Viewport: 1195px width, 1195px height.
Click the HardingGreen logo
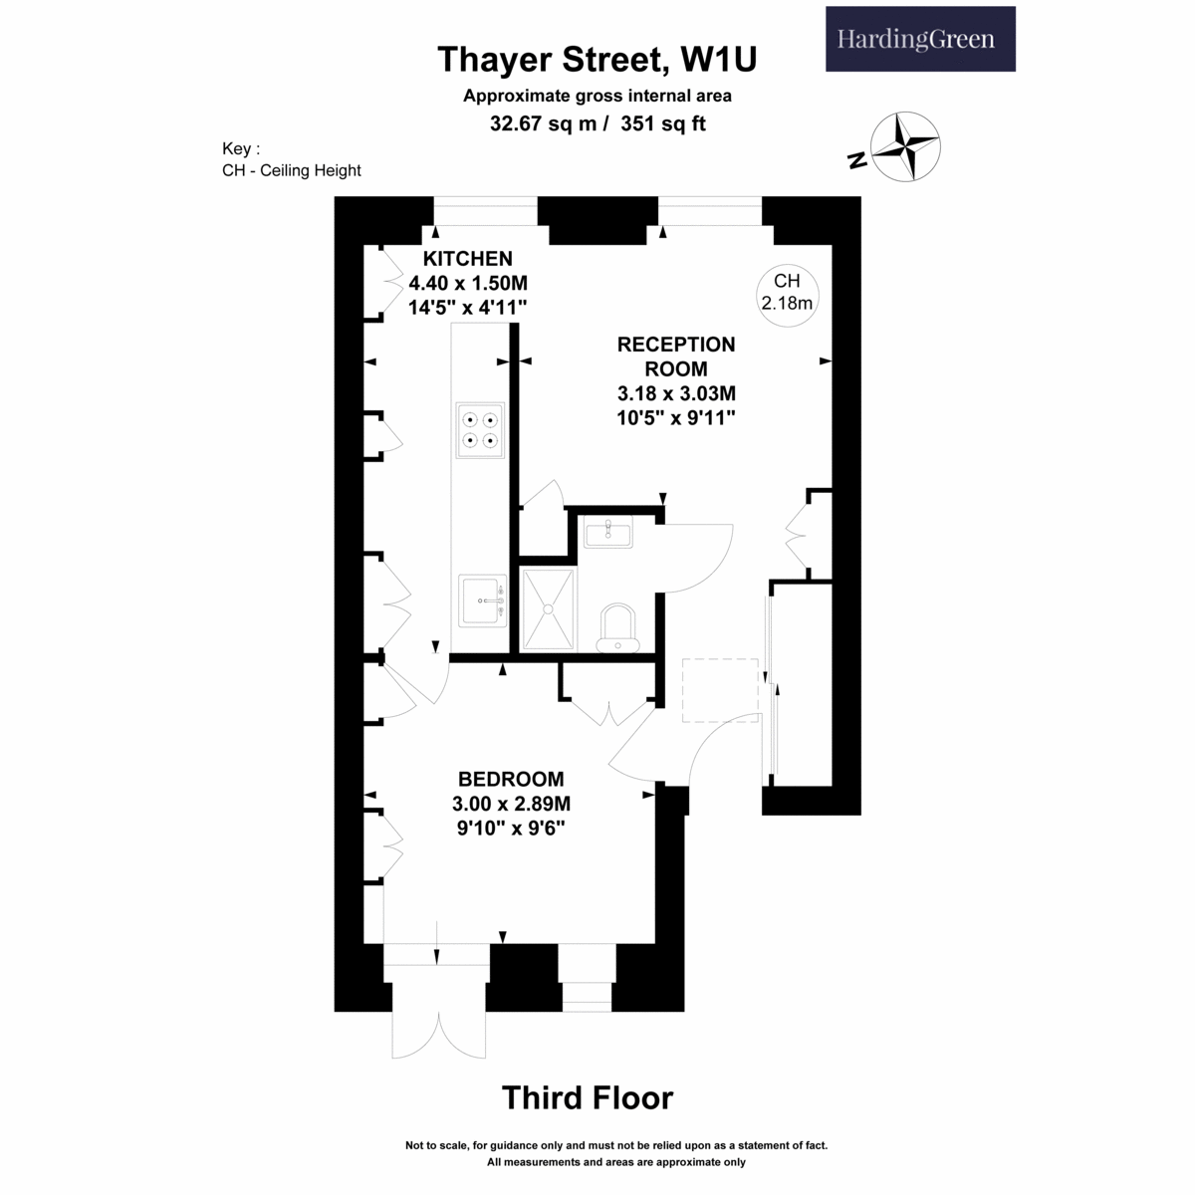[x=920, y=39]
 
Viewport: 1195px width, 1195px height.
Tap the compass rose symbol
[x=905, y=147]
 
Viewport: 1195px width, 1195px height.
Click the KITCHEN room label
[x=468, y=259]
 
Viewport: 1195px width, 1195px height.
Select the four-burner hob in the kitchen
[x=480, y=430]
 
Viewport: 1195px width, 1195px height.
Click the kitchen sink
[x=482, y=600]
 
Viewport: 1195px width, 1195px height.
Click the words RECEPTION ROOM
[x=676, y=357]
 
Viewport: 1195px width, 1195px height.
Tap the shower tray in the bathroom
[x=548, y=609]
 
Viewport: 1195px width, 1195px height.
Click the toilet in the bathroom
[x=617, y=628]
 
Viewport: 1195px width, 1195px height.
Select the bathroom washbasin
[x=608, y=532]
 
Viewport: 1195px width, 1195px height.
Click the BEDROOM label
[x=511, y=779]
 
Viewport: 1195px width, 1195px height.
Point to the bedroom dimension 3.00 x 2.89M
[x=511, y=804]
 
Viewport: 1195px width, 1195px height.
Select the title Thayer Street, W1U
[x=597, y=60]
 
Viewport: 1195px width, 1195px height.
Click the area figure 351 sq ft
[x=663, y=123]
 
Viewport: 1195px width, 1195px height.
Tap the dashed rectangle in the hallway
[x=720, y=690]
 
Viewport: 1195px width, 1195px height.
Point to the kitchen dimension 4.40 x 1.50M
[x=468, y=284]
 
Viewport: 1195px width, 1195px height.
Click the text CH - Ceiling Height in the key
[x=292, y=170]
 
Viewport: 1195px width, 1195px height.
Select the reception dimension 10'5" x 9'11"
[x=676, y=418]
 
